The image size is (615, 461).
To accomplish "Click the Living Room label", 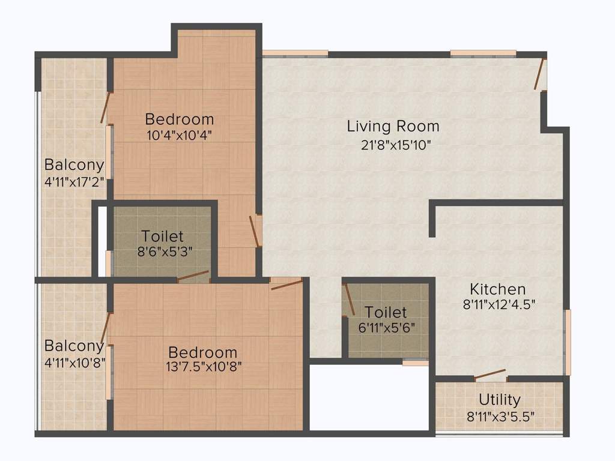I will coord(393,127).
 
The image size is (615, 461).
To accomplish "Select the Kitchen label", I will coord(498,289).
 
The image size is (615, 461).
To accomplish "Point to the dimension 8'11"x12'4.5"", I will coord(498,304).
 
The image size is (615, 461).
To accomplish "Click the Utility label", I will coord(499,400).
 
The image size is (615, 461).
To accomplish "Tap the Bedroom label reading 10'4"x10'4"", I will coord(179,119).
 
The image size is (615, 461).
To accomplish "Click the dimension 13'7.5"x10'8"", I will coord(202,366).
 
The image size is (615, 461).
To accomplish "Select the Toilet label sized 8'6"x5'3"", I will coord(162,237).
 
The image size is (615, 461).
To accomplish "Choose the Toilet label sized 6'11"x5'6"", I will coord(386,313).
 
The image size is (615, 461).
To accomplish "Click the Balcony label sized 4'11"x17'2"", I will coord(74,164).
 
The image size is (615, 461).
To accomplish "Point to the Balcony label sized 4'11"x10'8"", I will coord(74,346).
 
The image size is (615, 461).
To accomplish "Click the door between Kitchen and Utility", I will coord(490,375).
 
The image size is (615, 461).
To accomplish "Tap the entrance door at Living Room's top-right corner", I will coord(541,74).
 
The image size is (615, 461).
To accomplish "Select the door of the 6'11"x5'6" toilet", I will coord(348,300).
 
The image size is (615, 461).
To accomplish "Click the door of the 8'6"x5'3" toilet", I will coord(193,277).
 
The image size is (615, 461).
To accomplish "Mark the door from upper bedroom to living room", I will coord(255,230).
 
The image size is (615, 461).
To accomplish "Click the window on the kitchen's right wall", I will coord(568,342).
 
